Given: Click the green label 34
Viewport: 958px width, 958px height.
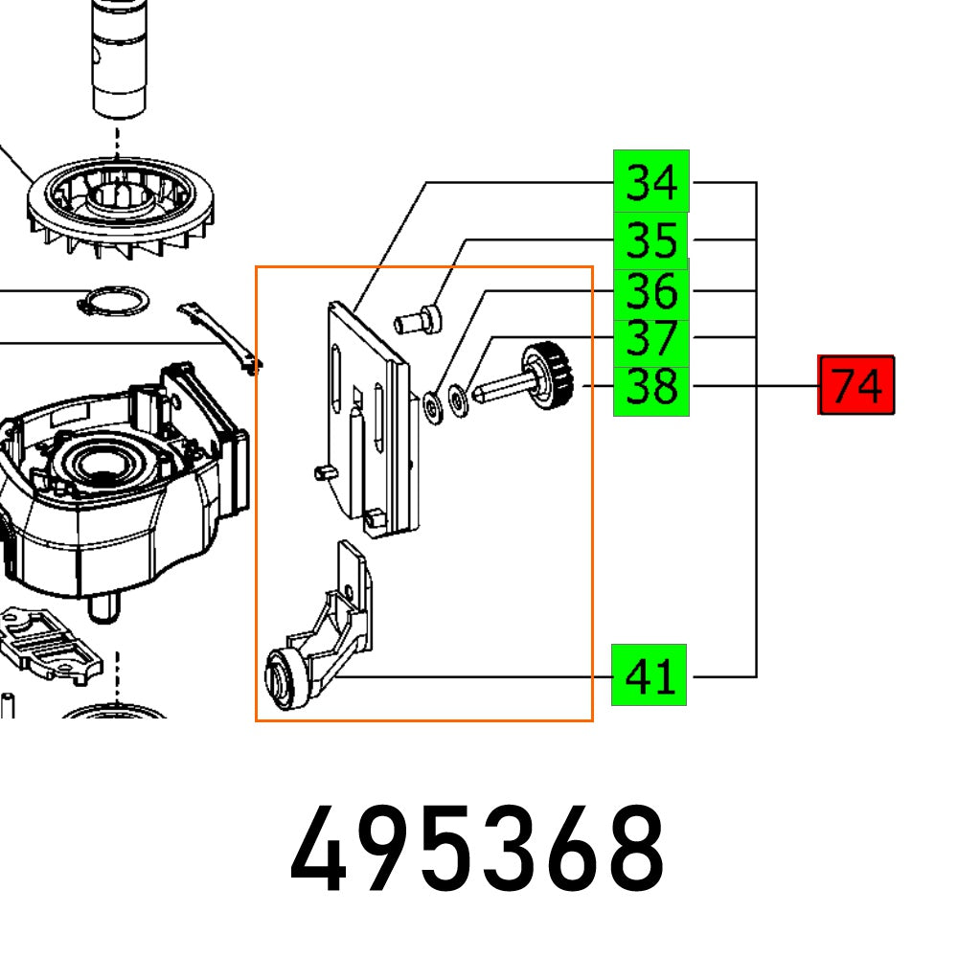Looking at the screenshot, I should click(x=650, y=181).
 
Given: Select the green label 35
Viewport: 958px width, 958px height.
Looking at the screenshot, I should click(x=650, y=239).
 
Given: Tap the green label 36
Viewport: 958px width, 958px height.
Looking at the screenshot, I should click(x=650, y=290).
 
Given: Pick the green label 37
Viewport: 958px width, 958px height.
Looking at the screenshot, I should click(x=650, y=338).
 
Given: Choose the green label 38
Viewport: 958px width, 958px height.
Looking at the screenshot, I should click(x=650, y=388).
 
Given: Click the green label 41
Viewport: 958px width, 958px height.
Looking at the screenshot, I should click(x=650, y=676).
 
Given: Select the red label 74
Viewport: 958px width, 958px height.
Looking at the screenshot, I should click(x=855, y=386).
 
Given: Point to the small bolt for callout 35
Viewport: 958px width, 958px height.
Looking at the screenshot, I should click(x=419, y=319).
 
